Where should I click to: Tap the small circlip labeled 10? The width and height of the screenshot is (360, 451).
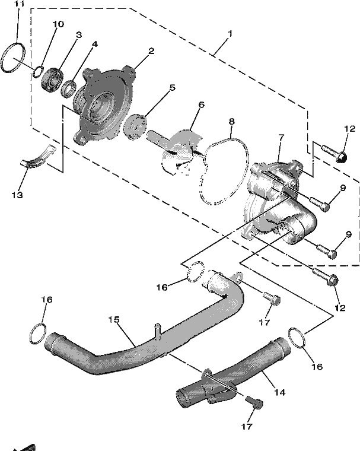click(x=34, y=72)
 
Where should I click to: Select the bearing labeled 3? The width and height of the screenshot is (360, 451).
click(x=52, y=80)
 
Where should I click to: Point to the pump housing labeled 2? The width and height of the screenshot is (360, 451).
click(x=104, y=103)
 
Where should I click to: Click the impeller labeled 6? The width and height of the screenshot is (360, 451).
click(x=176, y=150)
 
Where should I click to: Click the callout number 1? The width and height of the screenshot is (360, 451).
click(x=230, y=34)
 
